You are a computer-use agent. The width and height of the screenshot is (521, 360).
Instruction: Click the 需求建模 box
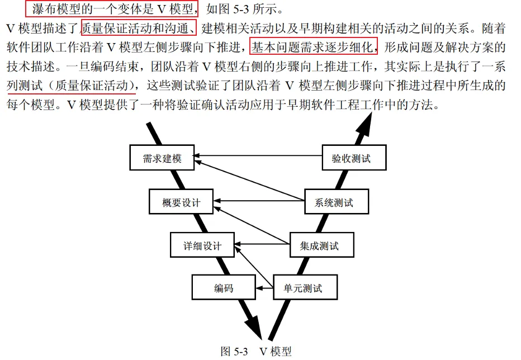tap(163, 159)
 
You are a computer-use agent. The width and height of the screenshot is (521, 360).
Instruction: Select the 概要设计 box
tap(182, 202)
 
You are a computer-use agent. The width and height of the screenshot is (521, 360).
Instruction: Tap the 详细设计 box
tap(202, 245)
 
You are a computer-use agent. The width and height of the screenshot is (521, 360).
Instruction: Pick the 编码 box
tap(223, 288)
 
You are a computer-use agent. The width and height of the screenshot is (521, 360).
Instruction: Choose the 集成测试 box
tap(322, 245)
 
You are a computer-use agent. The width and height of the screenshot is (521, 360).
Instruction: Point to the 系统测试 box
tap(337, 202)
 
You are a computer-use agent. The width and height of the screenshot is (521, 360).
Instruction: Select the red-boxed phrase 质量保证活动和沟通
tap(138, 27)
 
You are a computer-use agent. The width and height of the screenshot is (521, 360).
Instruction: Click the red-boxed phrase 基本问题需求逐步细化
tap(314, 46)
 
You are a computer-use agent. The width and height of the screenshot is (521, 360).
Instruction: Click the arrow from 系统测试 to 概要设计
tap(260, 200)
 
